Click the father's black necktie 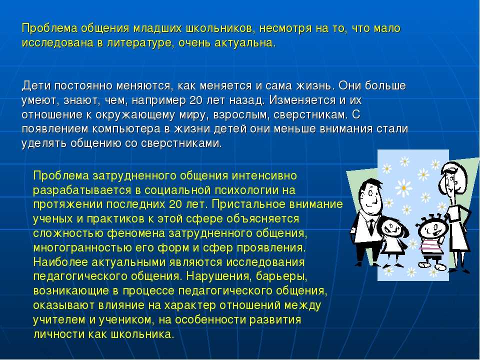pos(371,226)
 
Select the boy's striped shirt pos(430,244)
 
